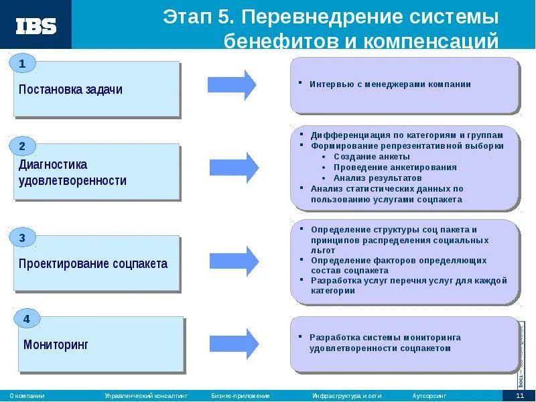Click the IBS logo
[x=36, y=26]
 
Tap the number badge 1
[x=22, y=64]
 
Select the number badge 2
[x=22, y=146]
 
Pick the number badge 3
[x=22, y=238]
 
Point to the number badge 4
[x=26, y=319]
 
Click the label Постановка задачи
[x=71, y=89]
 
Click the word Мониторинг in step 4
[x=56, y=345]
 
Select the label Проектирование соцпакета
[x=93, y=263]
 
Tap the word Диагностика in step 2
[x=53, y=164]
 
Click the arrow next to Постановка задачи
[x=232, y=84]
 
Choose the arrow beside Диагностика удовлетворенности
[x=234, y=167]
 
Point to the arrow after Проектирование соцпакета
[x=234, y=261]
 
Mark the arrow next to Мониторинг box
[x=234, y=343]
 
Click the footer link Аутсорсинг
[x=429, y=396]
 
